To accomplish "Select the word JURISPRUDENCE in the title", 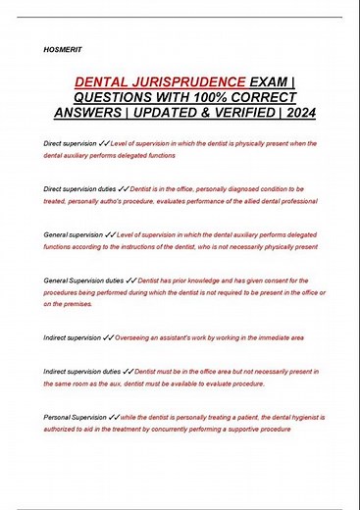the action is click(188, 85).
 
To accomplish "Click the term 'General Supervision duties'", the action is click(83, 281).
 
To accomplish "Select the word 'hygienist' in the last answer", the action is click(304, 418).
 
